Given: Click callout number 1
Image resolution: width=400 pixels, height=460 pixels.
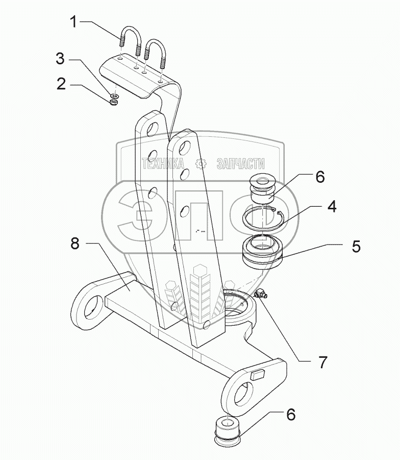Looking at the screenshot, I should tap(74, 22).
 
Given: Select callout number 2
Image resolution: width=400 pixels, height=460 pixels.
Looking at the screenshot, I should tap(62, 84).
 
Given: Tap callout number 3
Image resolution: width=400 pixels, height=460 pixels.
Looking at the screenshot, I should tap(61, 59).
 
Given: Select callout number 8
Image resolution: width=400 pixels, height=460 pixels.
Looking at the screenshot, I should tap(76, 245).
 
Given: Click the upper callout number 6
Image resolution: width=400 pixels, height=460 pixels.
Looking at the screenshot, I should tap(319, 177).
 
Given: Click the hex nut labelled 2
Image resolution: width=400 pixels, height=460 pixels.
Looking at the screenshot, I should tap(114, 102).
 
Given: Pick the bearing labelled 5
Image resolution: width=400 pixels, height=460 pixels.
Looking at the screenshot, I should tap(263, 251).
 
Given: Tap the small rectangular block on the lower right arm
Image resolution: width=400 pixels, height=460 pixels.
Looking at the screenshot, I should tap(257, 374).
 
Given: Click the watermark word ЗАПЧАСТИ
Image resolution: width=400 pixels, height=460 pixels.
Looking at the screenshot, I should tap(241, 163).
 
